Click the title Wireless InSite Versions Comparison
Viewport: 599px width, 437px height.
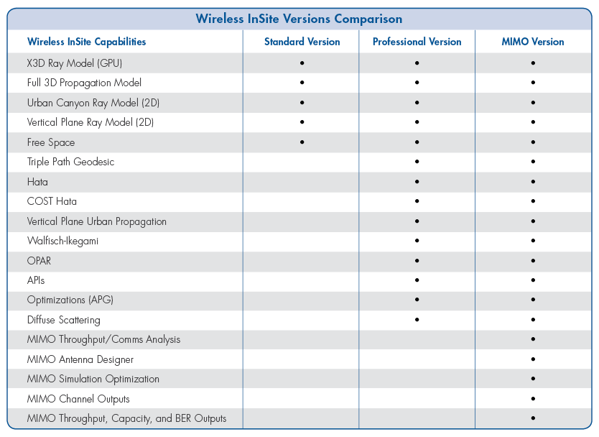pyautogui.click(x=299, y=19)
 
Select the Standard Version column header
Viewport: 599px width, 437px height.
pyautogui.click(x=302, y=42)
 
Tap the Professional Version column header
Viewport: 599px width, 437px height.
pyautogui.click(x=417, y=42)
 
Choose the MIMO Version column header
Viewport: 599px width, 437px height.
pyautogui.click(x=532, y=42)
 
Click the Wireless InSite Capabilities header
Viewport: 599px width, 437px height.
pyautogui.click(x=86, y=42)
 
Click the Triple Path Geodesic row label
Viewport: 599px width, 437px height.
pyautogui.click(x=70, y=162)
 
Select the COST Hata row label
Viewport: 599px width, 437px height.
pyautogui.click(x=52, y=201)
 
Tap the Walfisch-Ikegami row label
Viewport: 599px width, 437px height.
pyautogui.click(x=62, y=241)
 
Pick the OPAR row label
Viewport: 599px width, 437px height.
pyautogui.click(x=39, y=260)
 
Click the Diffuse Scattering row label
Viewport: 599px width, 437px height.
pyautogui.click(x=63, y=320)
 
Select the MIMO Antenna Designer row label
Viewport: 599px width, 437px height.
pyautogui.click(x=80, y=359)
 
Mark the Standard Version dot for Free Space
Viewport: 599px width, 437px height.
pyautogui.click(x=302, y=142)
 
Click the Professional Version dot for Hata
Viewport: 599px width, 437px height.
pyautogui.click(x=417, y=182)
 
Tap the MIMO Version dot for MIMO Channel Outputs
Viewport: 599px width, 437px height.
pyautogui.click(x=533, y=398)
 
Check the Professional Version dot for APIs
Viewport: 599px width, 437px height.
pyautogui.click(x=417, y=280)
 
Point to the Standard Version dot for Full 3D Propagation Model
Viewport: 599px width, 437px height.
pyautogui.click(x=302, y=83)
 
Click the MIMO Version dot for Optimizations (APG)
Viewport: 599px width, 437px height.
pyautogui.click(x=533, y=300)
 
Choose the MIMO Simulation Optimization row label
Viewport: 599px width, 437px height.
pyautogui.click(x=93, y=379)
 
